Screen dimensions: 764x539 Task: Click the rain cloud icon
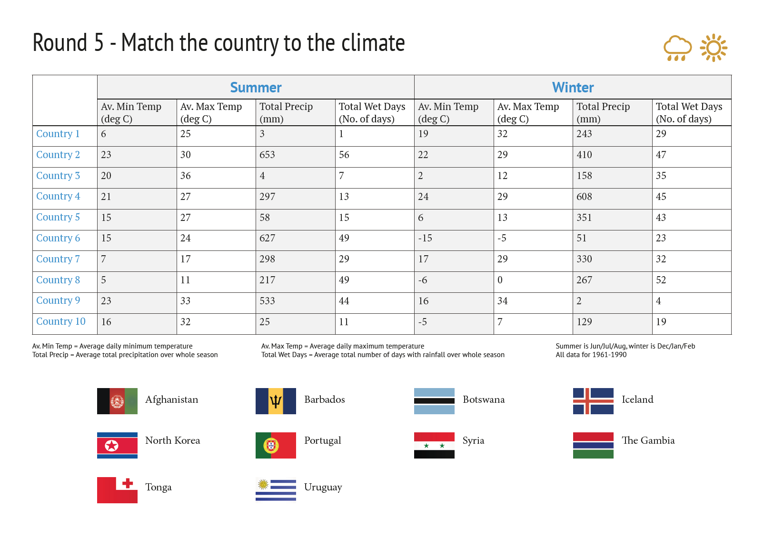coord(677,48)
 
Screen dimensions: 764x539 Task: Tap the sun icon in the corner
coord(714,48)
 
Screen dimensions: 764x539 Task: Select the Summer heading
coord(256,87)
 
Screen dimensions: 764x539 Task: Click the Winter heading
coord(573,87)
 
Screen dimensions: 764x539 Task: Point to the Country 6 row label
coord(58,238)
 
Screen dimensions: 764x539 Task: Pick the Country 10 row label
coord(61,321)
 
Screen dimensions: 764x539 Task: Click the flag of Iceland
coord(593,401)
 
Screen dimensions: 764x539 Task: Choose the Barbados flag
coord(276,401)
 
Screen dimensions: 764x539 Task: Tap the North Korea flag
coord(117,445)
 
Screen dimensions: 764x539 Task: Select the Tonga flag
coord(117,490)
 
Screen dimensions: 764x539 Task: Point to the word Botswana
coord(484,399)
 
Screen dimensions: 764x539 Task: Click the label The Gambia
coord(648,440)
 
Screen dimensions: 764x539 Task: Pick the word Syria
coord(474,441)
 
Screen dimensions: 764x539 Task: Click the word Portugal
coord(323,441)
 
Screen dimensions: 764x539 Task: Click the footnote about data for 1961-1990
coord(591,354)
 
